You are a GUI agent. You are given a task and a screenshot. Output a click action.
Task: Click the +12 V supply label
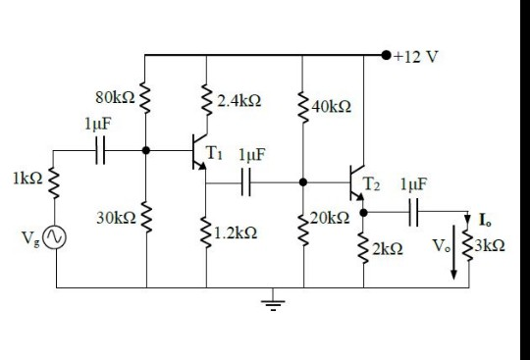tap(415, 55)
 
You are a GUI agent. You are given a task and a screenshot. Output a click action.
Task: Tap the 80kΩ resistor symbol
tap(145, 99)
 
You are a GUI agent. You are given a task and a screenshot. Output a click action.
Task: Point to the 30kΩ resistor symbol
tap(145, 217)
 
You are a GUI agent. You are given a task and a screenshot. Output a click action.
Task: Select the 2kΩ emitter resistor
tap(364, 245)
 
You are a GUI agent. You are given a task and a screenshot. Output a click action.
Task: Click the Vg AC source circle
tap(56, 237)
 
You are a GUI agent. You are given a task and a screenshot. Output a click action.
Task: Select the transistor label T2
tap(374, 183)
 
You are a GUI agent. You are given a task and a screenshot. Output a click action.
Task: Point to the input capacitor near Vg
tap(102, 151)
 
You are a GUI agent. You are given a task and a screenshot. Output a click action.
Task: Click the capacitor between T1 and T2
tap(246, 181)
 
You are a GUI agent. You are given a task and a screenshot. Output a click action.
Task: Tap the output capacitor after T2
tap(414, 209)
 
